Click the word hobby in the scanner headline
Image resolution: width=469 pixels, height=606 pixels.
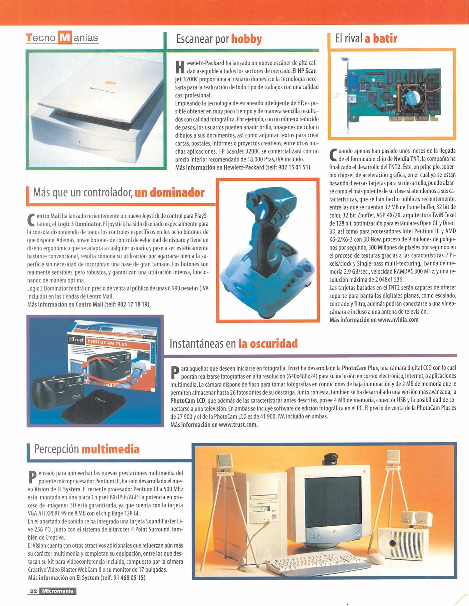246,39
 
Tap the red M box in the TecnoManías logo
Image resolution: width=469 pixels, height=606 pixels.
65,38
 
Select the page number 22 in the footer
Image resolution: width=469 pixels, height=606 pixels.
33,591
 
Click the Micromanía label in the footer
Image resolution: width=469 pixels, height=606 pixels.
58,591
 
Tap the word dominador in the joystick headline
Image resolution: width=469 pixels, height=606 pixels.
170,193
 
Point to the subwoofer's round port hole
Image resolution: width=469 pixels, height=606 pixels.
392,543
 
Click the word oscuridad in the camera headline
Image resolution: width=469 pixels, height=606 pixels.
268,344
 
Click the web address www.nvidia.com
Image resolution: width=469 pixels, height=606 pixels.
398,320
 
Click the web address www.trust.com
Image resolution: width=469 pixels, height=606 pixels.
238,424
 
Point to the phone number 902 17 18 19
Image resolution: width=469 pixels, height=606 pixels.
133,304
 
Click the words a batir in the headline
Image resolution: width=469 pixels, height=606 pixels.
381,38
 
